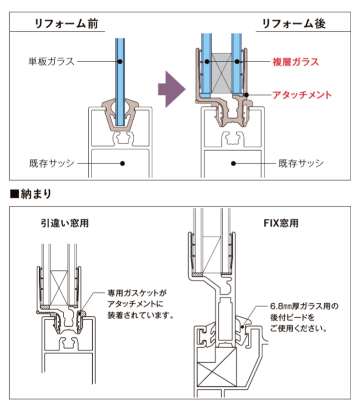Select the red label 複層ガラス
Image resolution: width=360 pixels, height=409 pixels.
(295, 61)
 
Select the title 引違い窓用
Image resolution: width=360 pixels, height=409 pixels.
(65, 223)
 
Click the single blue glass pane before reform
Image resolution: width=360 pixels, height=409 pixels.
(120, 80)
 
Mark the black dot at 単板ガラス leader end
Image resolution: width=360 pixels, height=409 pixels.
(120, 61)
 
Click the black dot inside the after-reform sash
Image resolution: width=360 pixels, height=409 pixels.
(232, 163)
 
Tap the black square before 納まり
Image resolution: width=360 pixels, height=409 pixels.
(14, 193)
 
